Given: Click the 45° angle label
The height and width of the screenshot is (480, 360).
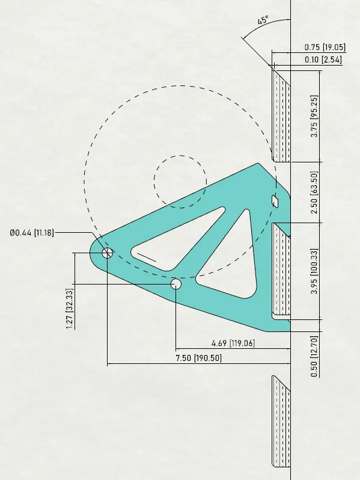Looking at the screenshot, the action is click(263, 20).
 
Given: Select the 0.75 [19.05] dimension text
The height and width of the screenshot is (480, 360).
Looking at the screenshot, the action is click(325, 47).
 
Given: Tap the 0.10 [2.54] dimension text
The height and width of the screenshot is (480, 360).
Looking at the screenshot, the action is click(323, 60).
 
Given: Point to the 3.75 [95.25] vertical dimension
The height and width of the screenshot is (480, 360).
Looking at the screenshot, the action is click(314, 116).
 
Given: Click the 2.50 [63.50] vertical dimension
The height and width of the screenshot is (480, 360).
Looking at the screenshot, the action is click(314, 192).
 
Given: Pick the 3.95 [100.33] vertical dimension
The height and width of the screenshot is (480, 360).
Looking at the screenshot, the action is click(314, 271).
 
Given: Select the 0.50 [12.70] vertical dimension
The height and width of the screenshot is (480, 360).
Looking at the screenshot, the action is click(314, 356).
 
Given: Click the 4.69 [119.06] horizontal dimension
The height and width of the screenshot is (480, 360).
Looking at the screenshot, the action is click(233, 343).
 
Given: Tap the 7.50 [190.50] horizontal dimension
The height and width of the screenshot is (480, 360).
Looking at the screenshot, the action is click(198, 357).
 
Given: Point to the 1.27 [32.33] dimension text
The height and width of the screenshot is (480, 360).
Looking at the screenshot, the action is click(70, 309).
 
